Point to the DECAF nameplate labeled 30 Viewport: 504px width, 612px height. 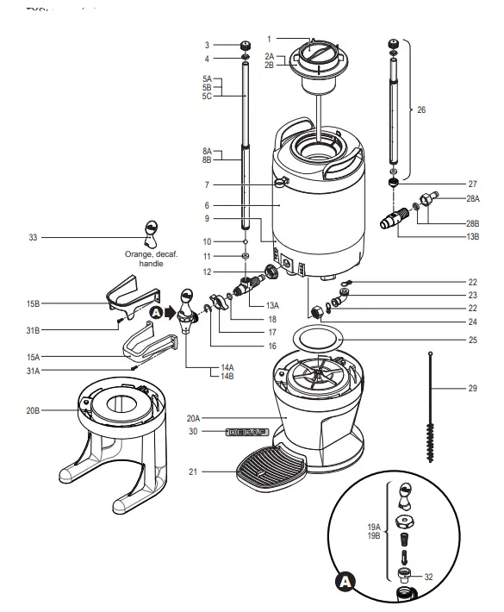point(246,431)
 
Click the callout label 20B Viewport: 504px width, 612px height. point(32,411)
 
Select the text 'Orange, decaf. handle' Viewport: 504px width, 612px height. point(151,259)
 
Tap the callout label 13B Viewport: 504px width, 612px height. point(472,236)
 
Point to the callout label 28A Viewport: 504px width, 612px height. point(473,198)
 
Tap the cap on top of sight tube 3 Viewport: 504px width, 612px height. point(246,46)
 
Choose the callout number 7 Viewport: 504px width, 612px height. point(207,184)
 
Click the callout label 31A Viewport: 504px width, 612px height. point(33,370)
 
